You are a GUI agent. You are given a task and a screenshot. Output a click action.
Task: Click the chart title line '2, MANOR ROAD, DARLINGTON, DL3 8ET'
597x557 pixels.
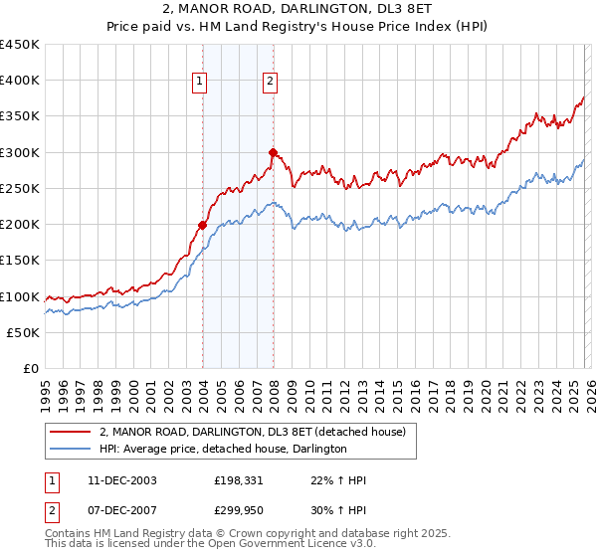click(x=298, y=11)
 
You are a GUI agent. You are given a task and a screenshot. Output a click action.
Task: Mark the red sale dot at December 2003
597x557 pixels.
click(x=202, y=225)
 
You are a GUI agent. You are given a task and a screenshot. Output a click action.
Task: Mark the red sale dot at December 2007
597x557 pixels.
click(x=273, y=152)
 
